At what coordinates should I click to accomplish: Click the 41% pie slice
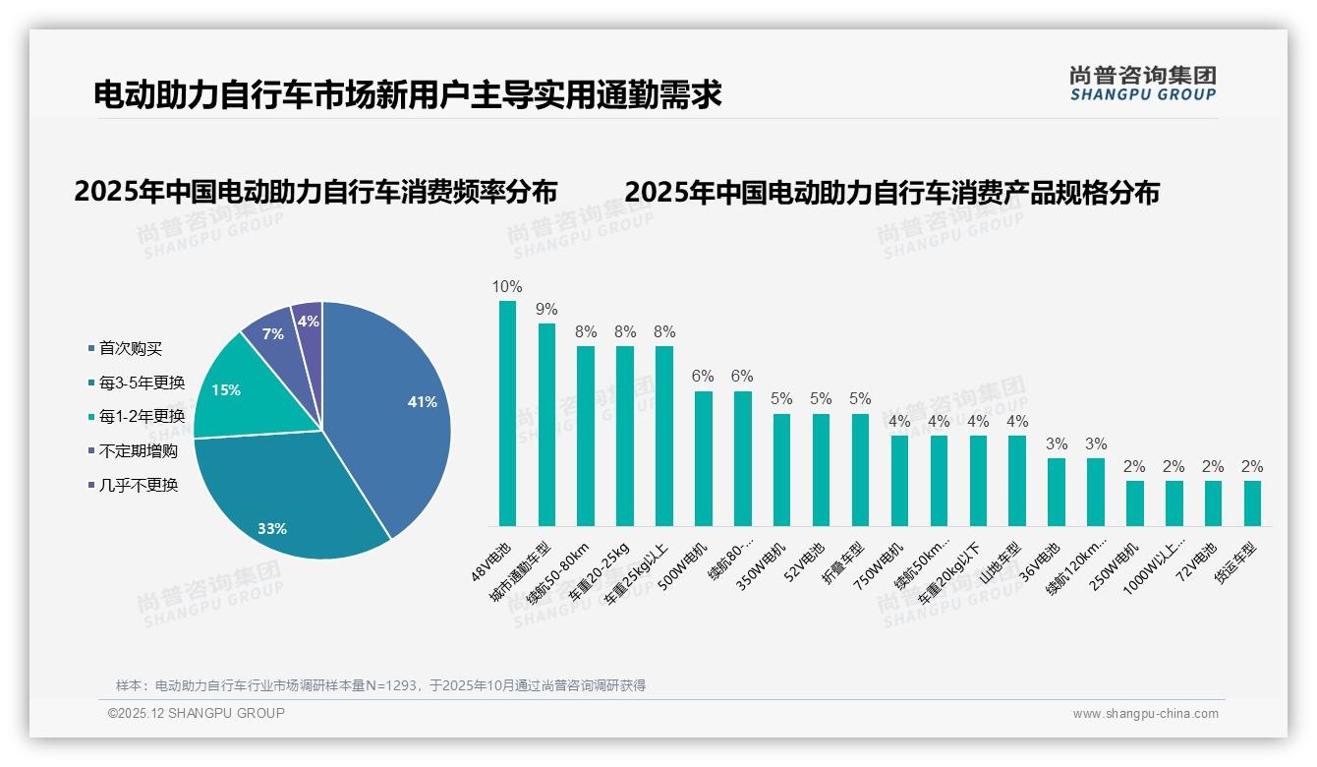tap(393, 413)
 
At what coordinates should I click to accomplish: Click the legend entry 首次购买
tap(131, 348)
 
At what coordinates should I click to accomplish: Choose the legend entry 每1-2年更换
tap(142, 417)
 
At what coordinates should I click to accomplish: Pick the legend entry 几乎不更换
tap(138, 485)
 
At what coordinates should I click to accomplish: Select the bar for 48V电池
tap(507, 413)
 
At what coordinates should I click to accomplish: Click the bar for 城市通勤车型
tap(546, 425)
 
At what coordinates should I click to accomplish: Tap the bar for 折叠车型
tap(860, 470)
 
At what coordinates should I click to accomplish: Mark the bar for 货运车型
tap(1252, 503)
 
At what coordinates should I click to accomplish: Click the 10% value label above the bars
tap(507, 287)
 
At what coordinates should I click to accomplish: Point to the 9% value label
tap(546, 310)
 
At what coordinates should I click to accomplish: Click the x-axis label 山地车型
tap(1002, 561)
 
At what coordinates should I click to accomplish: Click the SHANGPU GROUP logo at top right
tap(1142, 84)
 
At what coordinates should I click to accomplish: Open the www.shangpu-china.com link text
tap(1145, 714)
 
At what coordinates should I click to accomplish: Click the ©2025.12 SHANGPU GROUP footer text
tap(197, 713)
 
